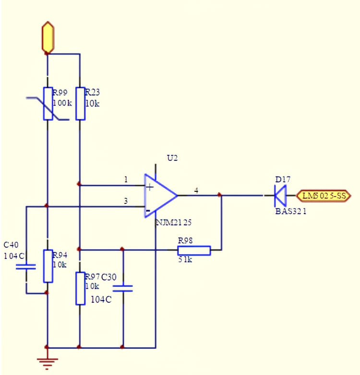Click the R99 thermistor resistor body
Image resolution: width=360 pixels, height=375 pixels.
[x=48, y=103]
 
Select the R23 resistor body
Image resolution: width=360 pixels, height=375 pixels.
[x=80, y=103]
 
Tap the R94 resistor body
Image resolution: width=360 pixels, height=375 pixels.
[x=48, y=266]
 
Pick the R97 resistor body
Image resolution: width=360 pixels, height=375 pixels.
[x=80, y=288]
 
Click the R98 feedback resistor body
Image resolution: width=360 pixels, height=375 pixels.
[x=194, y=250]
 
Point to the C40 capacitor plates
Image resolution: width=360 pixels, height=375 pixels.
[x=26, y=267]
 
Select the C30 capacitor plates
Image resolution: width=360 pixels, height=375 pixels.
[x=122, y=288]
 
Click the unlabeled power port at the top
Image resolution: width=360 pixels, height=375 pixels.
[x=48, y=37]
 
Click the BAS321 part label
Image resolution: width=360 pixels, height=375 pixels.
[x=290, y=211]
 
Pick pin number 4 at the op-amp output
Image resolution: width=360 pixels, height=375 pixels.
[x=196, y=191]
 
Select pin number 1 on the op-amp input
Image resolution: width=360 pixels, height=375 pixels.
[x=126, y=180]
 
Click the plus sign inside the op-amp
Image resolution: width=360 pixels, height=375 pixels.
[x=150, y=187]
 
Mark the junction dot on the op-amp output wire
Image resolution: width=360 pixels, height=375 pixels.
[x=220, y=195]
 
